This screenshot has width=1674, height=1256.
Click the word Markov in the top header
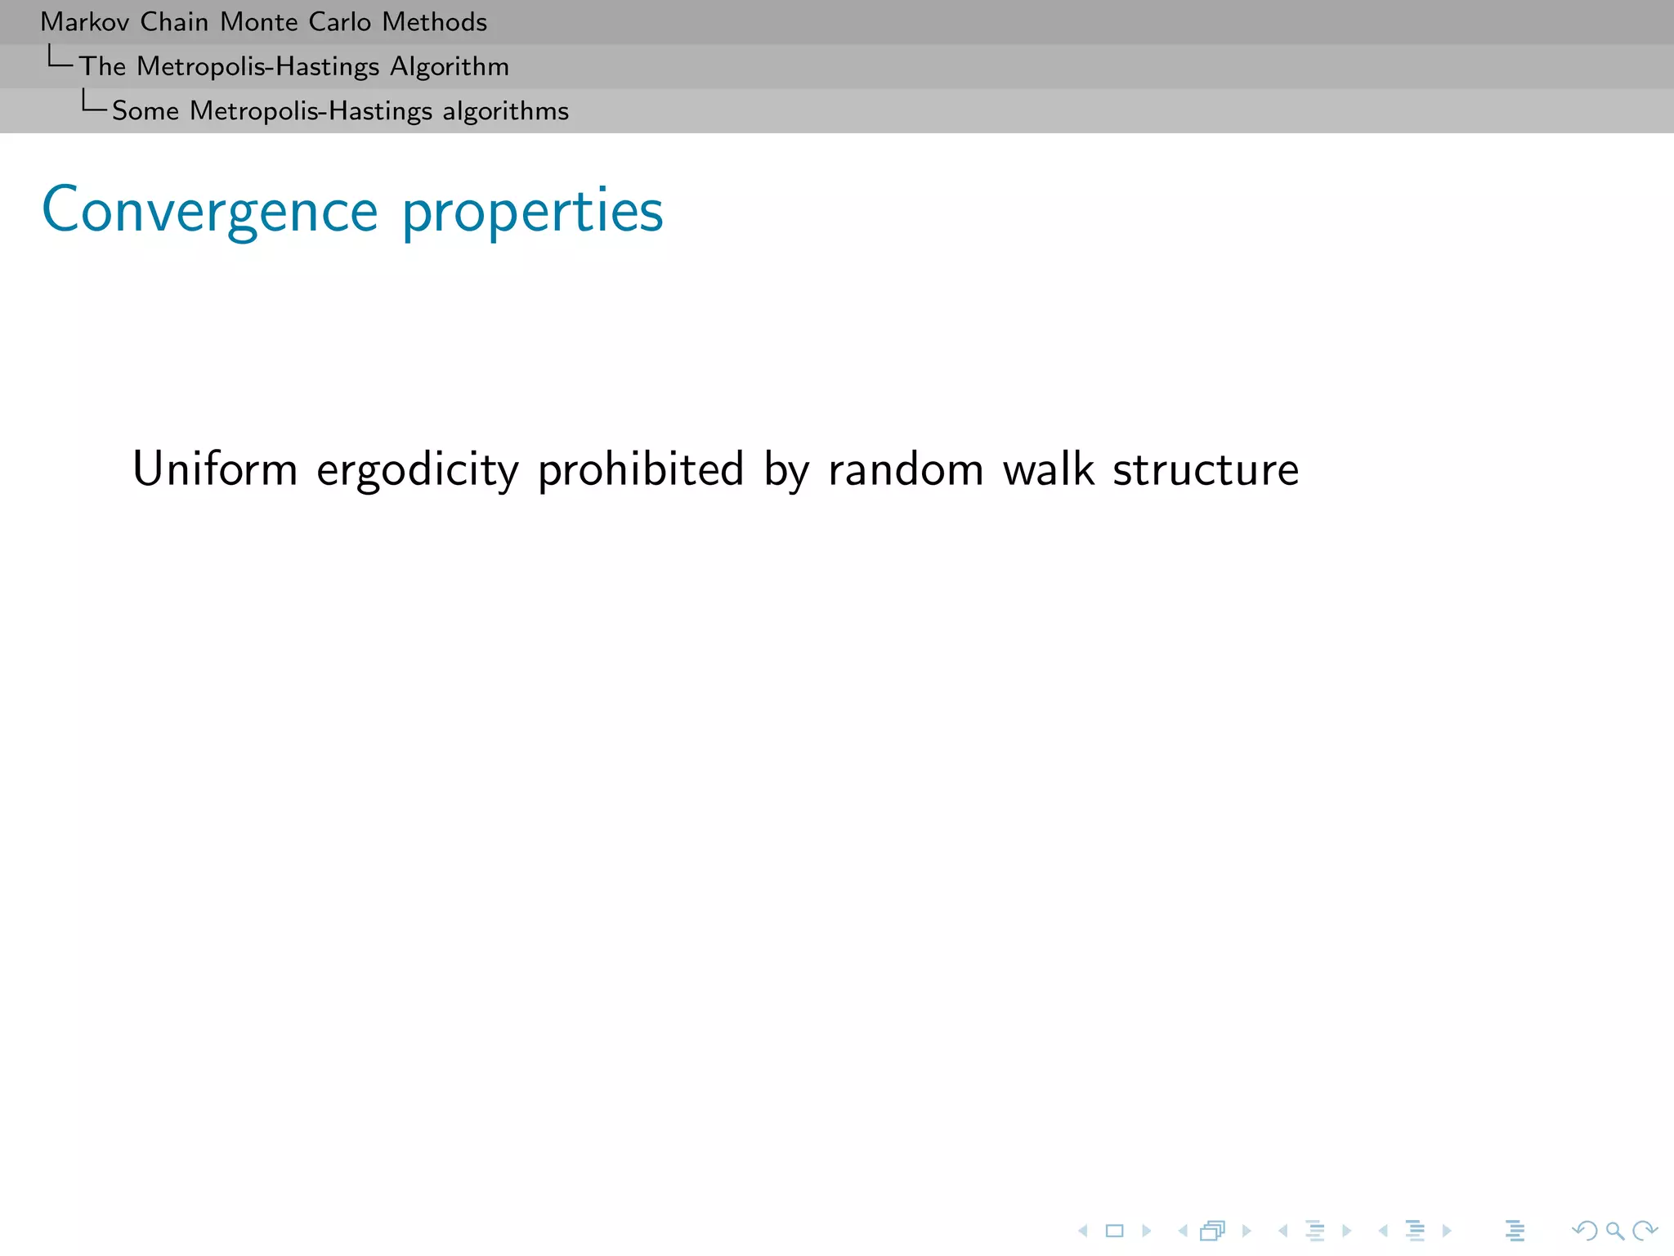84,22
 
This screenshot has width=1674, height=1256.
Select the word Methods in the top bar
434,22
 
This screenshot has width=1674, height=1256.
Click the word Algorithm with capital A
449,67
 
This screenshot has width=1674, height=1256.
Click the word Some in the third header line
145,111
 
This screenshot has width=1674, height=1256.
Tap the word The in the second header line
102,67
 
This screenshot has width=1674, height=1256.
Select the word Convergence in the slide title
209,211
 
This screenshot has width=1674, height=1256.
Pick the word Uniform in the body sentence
215,469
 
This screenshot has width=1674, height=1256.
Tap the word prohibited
640,469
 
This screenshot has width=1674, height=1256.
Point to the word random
906,469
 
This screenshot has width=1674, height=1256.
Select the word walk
1048,469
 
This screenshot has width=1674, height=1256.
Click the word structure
1206,469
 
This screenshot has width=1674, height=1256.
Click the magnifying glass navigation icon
1614,1231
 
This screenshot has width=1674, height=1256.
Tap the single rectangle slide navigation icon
1114,1231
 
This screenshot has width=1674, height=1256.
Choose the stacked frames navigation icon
1213,1231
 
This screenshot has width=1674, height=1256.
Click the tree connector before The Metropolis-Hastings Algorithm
60,58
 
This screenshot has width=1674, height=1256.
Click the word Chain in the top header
173,22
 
